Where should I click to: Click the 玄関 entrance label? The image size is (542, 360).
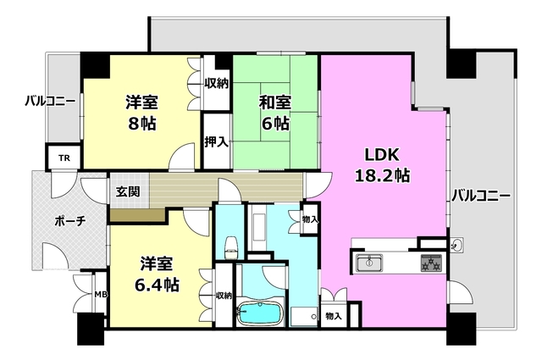pos(128,191)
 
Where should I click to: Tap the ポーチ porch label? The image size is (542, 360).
pos(69,221)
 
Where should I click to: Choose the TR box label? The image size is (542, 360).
pos(64,158)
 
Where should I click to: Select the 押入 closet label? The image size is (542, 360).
pos(216,141)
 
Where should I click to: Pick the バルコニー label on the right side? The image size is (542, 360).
pos(480,196)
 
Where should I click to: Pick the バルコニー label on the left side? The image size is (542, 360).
pos(50,102)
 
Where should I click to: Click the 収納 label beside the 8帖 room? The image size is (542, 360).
pos(217,83)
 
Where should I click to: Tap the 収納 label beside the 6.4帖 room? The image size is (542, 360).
pos(224,296)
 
